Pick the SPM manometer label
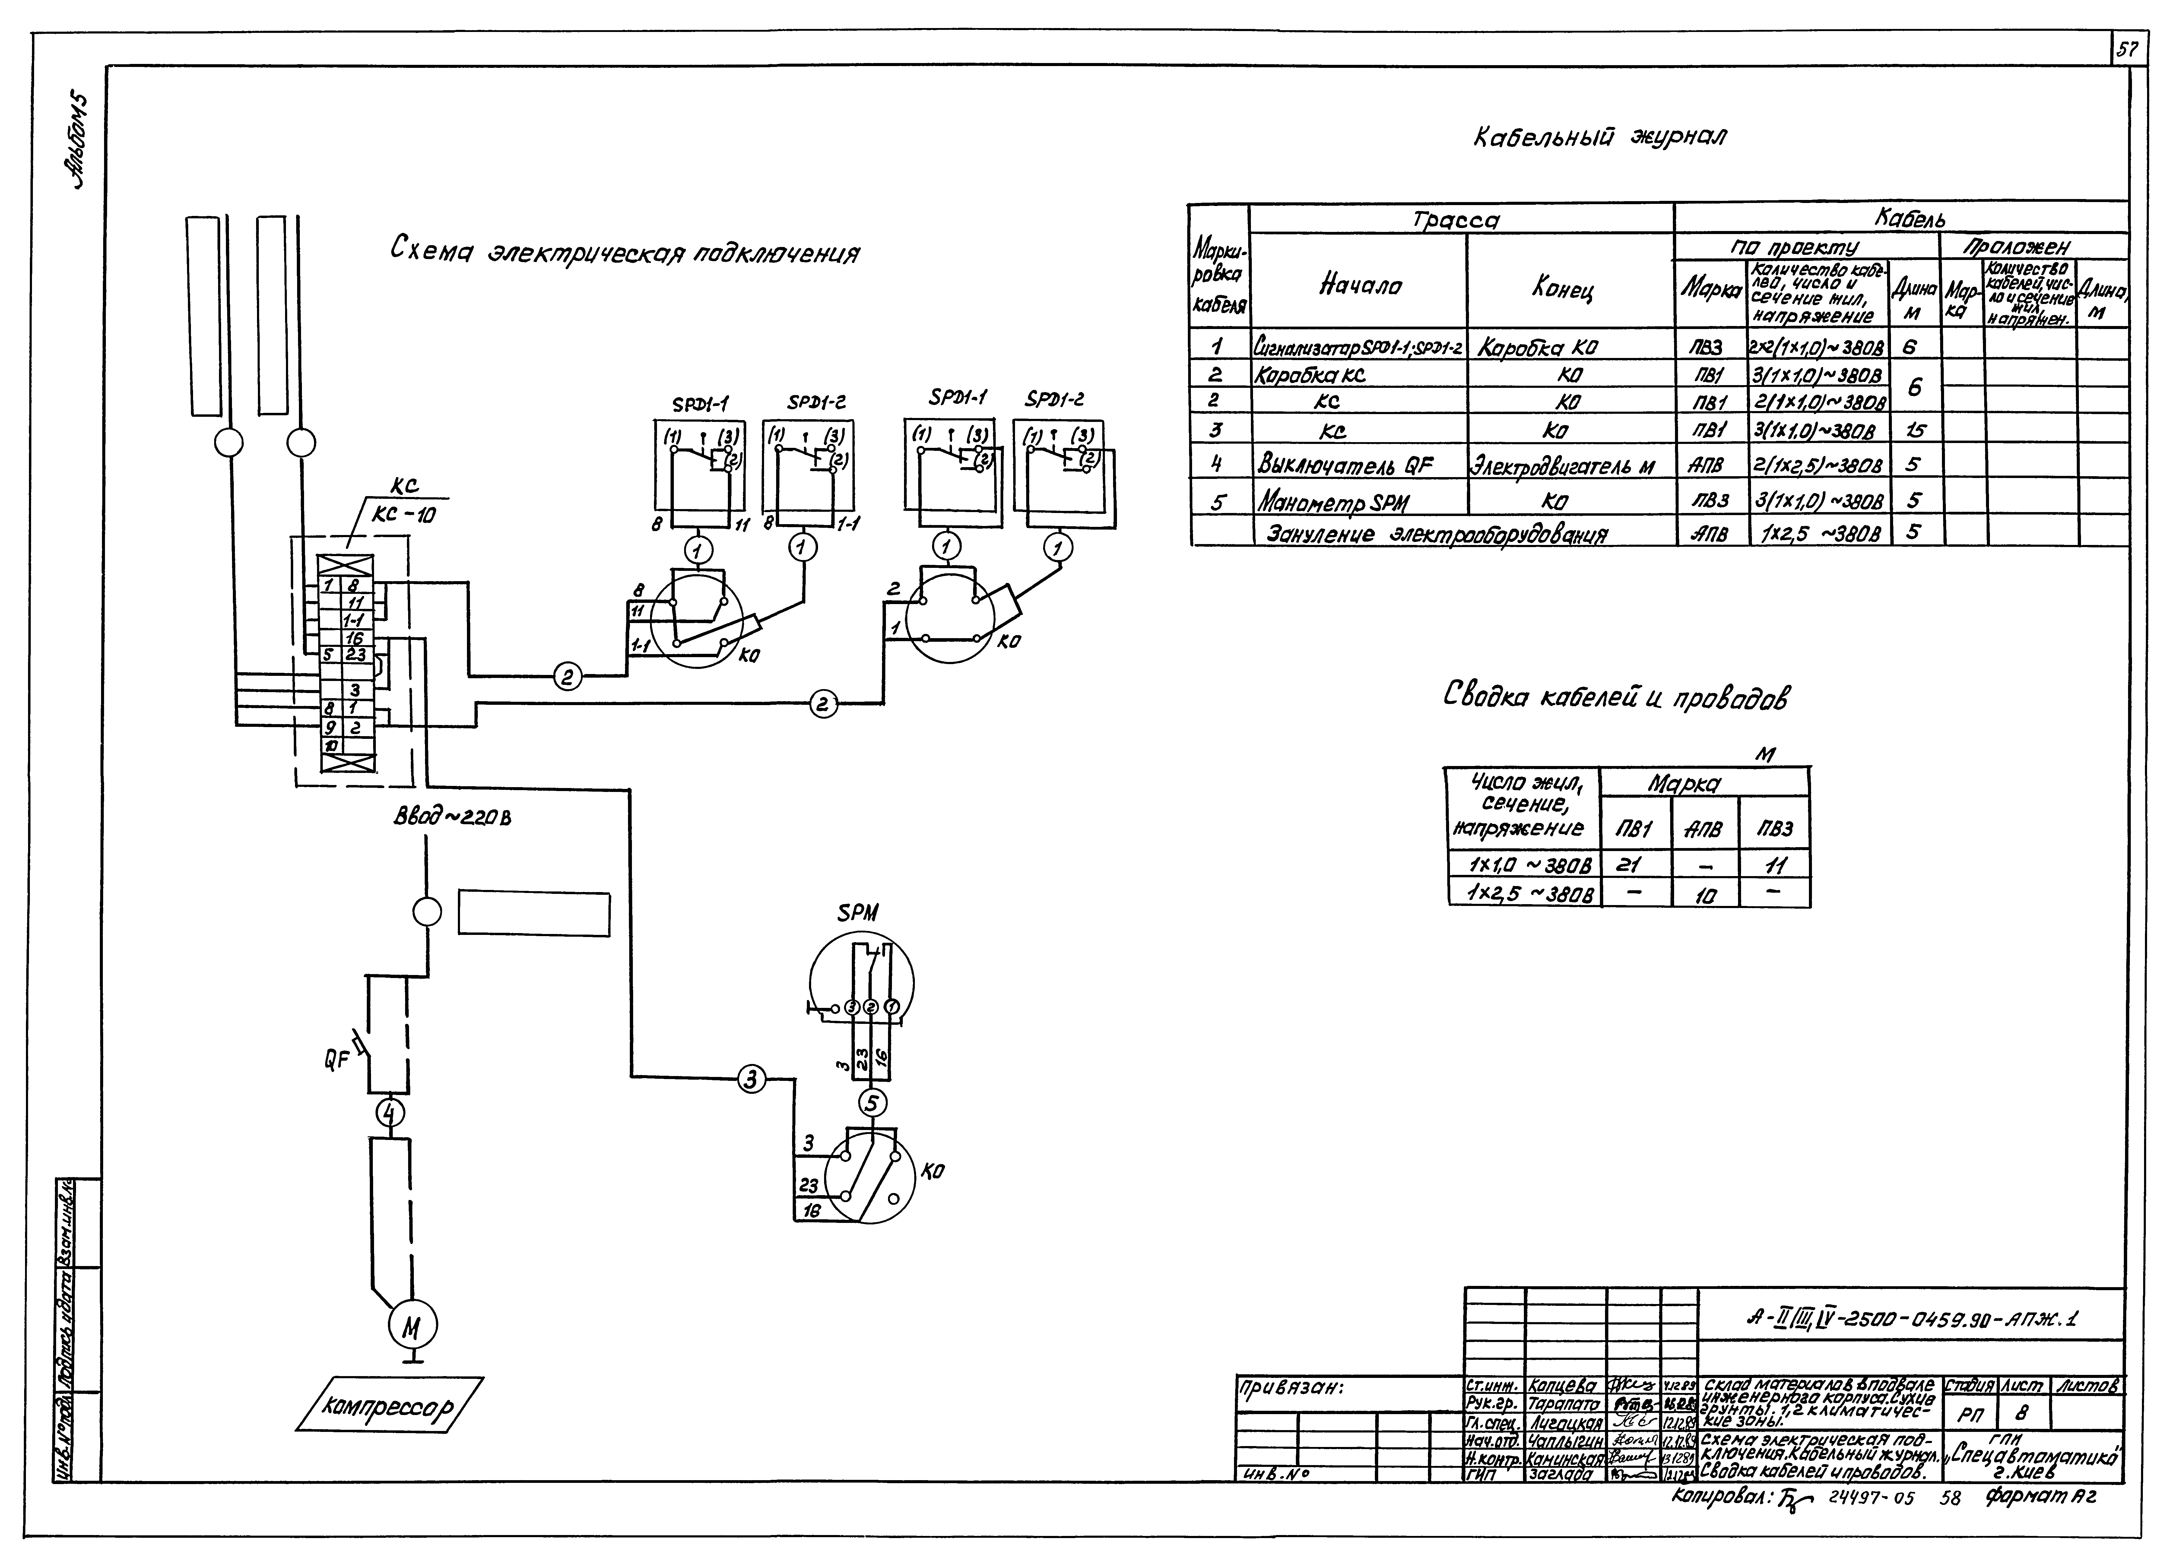[x=858, y=913]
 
